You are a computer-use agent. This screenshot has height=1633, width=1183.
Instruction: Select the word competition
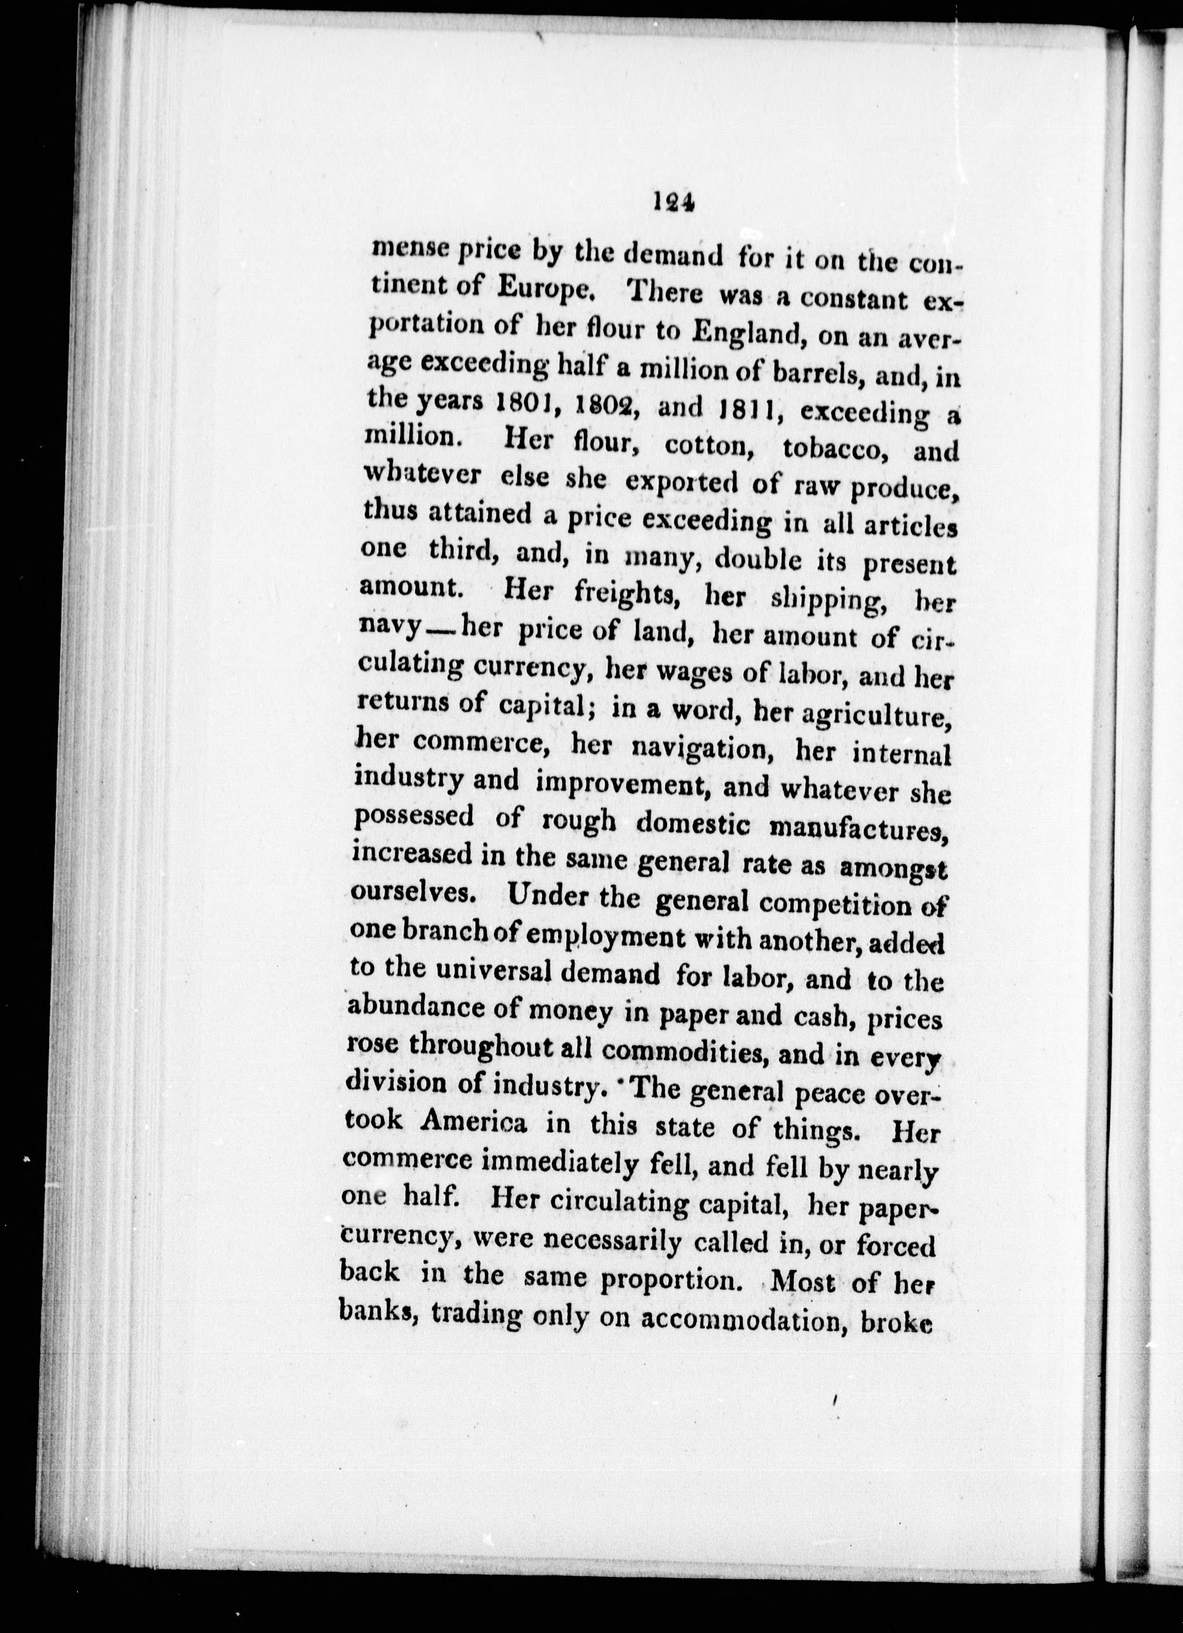coord(835,904)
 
